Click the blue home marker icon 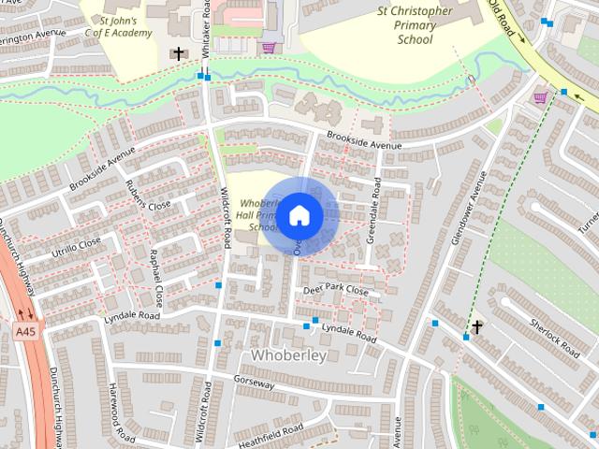[x=299, y=215]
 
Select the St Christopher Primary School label [x=415, y=25]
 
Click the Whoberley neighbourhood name [x=288, y=355]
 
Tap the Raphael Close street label [x=156, y=278]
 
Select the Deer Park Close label [x=335, y=291]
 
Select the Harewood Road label [x=117, y=412]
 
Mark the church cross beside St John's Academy [x=178, y=54]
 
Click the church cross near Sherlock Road [x=477, y=326]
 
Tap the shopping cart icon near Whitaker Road [x=269, y=48]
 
